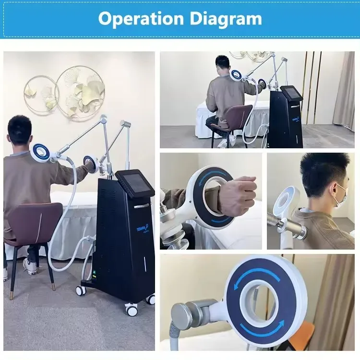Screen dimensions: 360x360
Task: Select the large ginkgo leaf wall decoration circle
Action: [x=81, y=91]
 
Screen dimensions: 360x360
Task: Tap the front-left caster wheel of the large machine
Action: [x=81, y=290]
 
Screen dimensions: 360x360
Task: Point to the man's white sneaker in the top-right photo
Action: [x=223, y=143]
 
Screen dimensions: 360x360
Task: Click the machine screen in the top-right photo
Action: [x=291, y=94]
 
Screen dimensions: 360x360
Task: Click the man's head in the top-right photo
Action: [x=222, y=64]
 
